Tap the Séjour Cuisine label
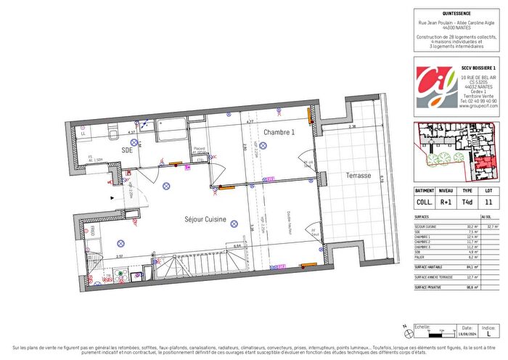click(205, 218)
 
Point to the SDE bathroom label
click(127, 150)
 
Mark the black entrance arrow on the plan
click(112, 196)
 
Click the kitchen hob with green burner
click(120, 276)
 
